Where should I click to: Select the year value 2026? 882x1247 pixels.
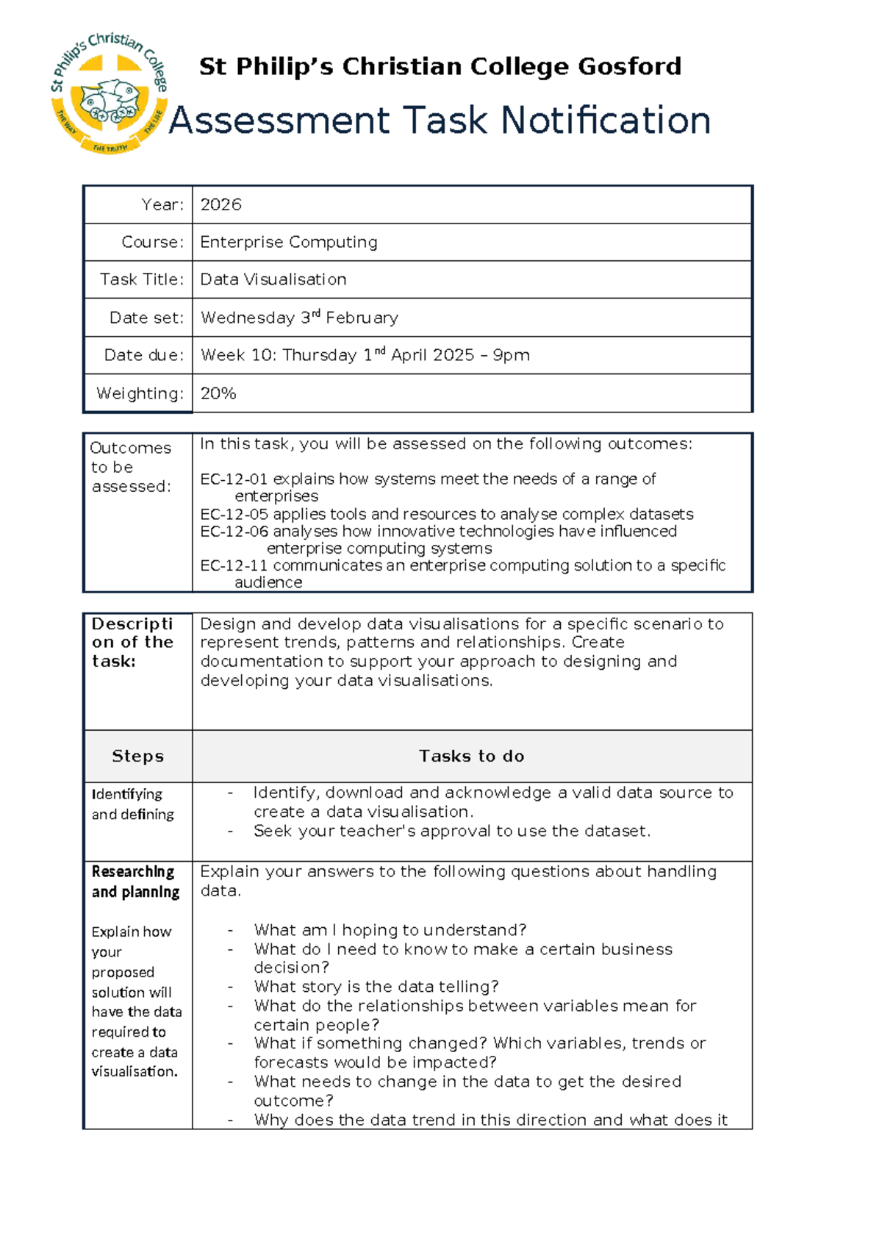point(220,205)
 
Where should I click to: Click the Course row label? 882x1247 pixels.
point(152,243)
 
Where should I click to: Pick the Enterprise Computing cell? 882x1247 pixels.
point(289,243)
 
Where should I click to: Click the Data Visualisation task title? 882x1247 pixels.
point(273,280)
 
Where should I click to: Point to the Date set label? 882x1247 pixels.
point(146,318)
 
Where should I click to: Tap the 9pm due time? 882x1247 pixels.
point(511,355)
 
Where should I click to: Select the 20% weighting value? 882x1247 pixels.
point(218,393)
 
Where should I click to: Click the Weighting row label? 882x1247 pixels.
point(140,393)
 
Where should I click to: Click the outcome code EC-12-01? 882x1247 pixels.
point(234,479)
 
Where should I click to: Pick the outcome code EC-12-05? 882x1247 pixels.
point(234,514)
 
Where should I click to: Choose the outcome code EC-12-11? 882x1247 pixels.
point(234,565)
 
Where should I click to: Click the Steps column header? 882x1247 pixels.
point(137,756)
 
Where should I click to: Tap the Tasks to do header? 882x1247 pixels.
point(471,756)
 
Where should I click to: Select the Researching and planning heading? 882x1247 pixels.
point(135,882)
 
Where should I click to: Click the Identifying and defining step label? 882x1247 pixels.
point(132,804)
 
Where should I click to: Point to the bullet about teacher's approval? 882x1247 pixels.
point(451,832)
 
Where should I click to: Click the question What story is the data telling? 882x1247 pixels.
point(376,987)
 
